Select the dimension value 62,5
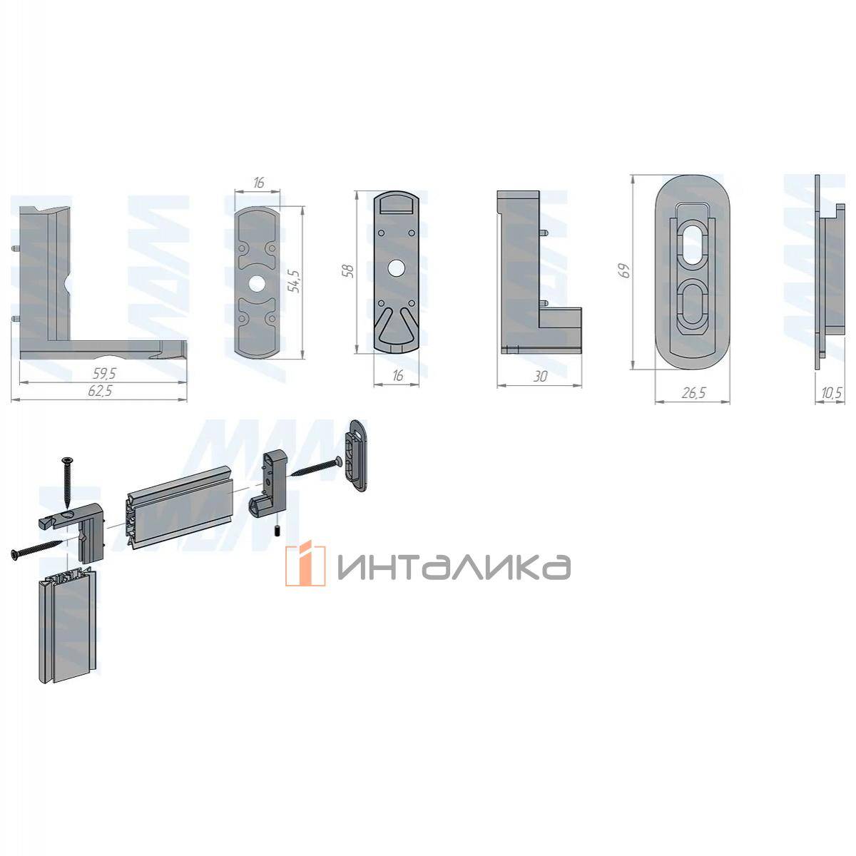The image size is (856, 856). tap(101, 392)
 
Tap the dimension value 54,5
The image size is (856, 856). tap(295, 281)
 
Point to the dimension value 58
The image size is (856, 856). tap(349, 270)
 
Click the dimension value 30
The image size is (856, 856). tap(540, 377)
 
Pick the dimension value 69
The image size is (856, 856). tap(625, 270)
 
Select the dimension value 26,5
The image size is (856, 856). tap(693, 392)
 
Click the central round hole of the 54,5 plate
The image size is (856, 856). tap(255, 285)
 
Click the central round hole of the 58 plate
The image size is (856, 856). tap(395, 268)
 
